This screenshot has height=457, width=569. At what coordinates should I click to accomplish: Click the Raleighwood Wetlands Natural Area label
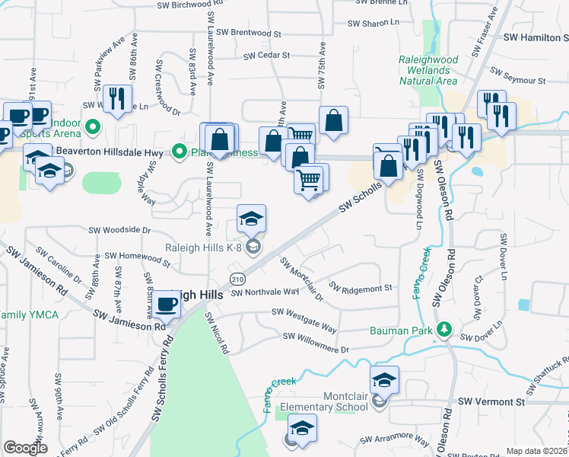tap(428, 69)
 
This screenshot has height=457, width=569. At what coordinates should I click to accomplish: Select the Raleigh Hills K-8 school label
tap(203, 247)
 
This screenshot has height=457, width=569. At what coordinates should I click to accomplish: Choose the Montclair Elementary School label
tap(323, 401)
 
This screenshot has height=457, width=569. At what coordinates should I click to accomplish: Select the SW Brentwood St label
tap(249, 34)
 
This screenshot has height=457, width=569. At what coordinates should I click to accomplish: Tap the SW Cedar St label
tap(267, 55)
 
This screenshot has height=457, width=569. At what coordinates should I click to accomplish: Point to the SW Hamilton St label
tap(536, 37)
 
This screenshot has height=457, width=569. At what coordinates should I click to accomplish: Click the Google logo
tap(25, 448)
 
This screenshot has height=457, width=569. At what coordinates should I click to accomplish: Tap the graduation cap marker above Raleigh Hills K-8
tap(251, 219)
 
